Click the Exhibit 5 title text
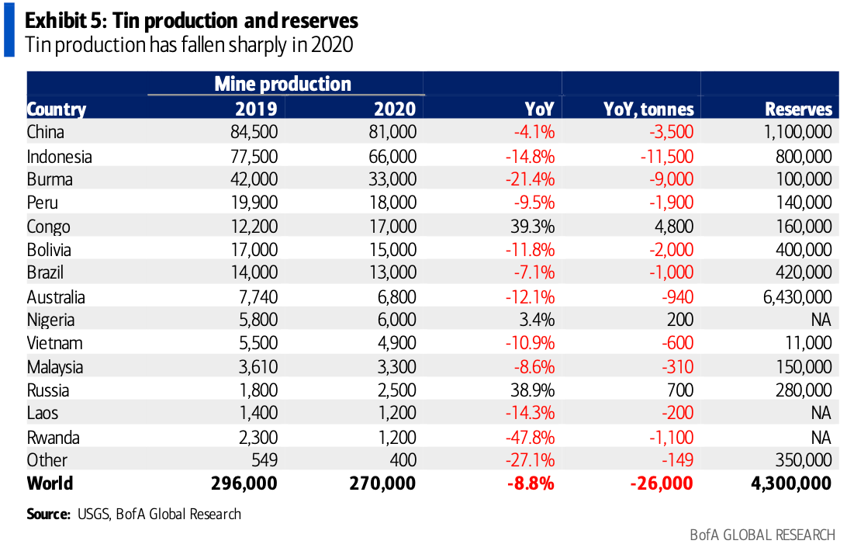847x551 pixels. pos(192,19)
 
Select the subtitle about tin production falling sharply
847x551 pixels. pos(189,45)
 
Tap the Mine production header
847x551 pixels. pos(282,83)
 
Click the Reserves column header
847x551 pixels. pos(798,109)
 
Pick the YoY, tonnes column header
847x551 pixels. pos(648,109)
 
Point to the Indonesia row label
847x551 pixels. pos(59,156)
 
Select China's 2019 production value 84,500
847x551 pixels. pos(254,132)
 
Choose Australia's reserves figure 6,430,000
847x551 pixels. pos(793,296)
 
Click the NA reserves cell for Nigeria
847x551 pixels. pos(821,320)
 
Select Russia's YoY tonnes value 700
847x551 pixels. pos(679,390)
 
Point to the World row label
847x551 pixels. pos(50,483)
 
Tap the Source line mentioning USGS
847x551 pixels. pos(133,514)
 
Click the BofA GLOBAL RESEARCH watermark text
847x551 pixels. pos(762,535)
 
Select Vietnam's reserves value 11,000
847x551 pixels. pos(807,343)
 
